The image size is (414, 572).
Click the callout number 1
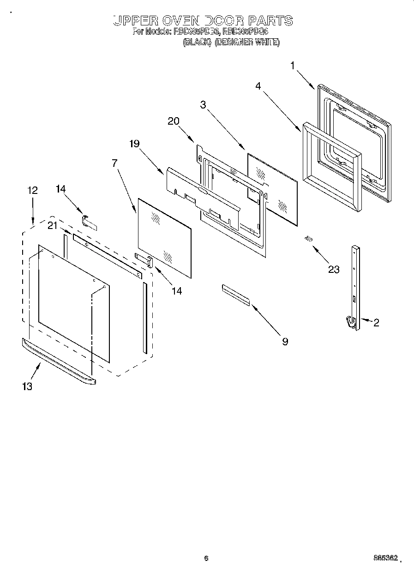click(292, 66)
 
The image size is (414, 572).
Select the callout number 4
click(258, 85)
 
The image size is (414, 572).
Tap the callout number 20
click(173, 121)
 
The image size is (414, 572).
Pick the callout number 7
click(114, 163)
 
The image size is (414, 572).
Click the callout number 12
click(32, 190)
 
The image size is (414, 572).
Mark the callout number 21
click(53, 225)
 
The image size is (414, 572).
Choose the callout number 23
click(334, 269)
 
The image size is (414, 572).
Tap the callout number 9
click(285, 341)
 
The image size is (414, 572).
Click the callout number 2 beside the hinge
click(376, 323)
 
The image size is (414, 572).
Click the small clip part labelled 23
click(308, 239)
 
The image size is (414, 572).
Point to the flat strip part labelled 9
click(235, 295)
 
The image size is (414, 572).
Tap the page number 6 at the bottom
click(206, 558)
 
